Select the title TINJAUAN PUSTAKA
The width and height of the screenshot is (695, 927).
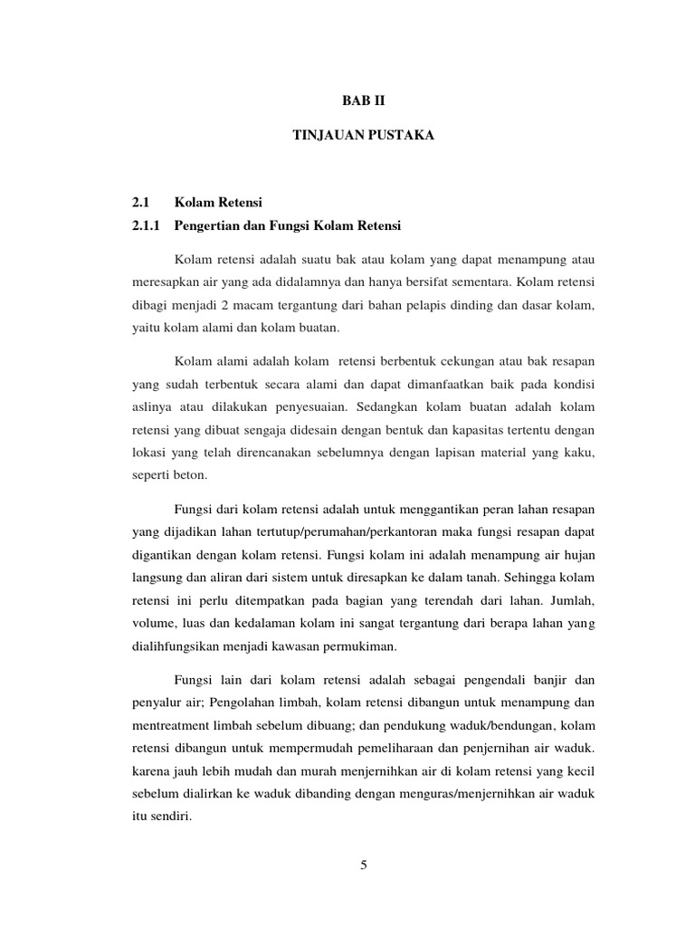point(365,135)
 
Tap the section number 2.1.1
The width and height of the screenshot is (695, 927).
point(147,225)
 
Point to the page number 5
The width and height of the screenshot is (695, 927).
point(364,865)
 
